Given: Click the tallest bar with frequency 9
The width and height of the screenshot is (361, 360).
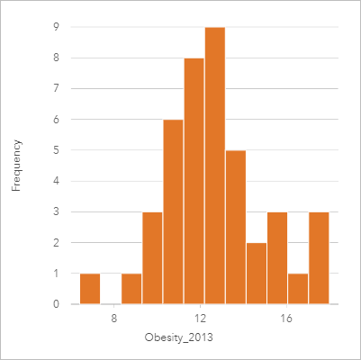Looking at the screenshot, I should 214,166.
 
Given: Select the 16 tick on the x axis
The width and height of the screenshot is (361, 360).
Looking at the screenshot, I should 285,318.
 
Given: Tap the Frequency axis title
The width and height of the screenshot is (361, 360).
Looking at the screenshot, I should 16,165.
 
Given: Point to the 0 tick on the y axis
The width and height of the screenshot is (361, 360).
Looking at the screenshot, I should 56,304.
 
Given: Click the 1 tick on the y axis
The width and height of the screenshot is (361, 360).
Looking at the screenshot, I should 56,274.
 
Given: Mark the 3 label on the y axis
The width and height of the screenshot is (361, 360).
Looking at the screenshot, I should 56,211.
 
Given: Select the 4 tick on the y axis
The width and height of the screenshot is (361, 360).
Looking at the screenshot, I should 56,181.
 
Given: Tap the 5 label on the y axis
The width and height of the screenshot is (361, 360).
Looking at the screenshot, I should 56,150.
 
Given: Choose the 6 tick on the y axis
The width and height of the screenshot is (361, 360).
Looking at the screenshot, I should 56,119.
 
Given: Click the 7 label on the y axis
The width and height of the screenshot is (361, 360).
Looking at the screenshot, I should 56,88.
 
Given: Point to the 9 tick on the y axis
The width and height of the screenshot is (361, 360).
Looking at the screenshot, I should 56,27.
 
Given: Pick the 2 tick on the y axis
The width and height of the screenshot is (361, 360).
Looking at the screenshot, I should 56,243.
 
